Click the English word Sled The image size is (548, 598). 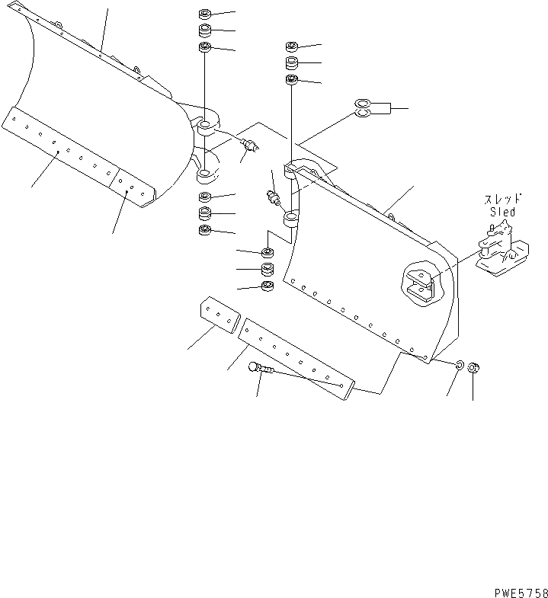click(502, 213)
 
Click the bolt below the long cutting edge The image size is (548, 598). click(260, 369)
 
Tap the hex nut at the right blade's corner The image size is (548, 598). click(473, 369)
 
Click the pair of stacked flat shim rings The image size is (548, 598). click(362, 108)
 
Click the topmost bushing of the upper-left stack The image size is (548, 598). click(204, 14)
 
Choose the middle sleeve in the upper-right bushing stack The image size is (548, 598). click(292, 62)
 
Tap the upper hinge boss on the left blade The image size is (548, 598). click(207, 124)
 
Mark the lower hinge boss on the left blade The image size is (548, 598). click(206, 176)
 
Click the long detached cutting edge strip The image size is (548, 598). click(297, 359)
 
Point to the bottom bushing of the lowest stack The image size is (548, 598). click(267, 286)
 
